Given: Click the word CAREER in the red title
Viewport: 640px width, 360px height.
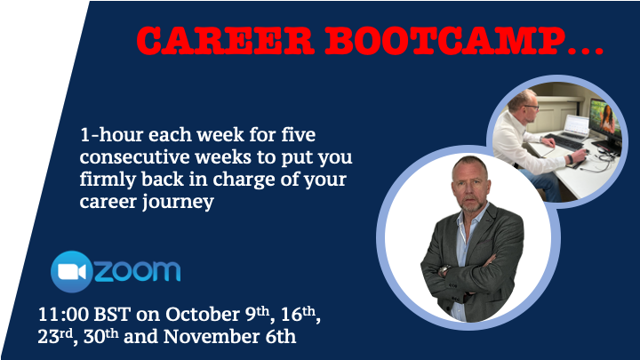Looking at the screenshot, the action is click(x=225, y=41).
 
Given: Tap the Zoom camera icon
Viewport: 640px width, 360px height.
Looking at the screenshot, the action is click(x=72, y=271).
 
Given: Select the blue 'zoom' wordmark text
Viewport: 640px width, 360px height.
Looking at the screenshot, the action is click(x=138, y=271).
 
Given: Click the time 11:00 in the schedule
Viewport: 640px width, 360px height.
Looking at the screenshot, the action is click(x=63, y=315).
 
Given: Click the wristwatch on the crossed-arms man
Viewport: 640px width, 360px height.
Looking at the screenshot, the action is click(x=444, y=270).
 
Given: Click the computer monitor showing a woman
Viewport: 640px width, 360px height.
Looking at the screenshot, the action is click(x=606, y=124).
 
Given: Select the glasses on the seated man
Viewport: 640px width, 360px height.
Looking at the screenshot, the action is click(x=531, y=108).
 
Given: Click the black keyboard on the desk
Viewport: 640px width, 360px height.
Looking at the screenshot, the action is click(x=564, y=141).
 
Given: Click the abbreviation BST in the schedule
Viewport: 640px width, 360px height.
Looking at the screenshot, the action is click(x=112, y=315).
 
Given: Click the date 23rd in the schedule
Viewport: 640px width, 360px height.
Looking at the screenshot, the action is click(x=55, y=337).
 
